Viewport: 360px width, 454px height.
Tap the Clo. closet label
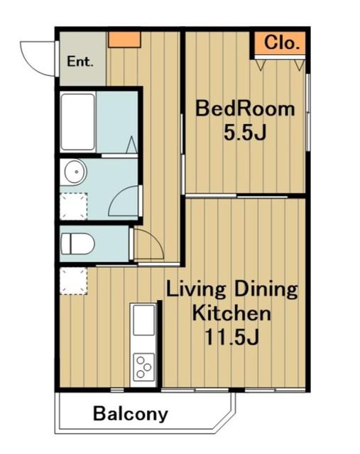click(x=281, y=43)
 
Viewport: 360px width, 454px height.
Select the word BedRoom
click(x=245, y=109)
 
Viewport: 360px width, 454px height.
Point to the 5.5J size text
click(x=245, y=133)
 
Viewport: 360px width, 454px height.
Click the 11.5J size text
click(x=231, y=338)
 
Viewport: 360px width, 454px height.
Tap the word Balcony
click(x=131, y=414)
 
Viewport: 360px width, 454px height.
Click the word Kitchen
click(x=231, y=314)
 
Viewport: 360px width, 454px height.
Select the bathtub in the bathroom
click(x=77, y=122)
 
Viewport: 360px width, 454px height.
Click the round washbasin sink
click(x=75, y=172)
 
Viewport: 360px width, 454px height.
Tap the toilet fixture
click(x=77, y=244)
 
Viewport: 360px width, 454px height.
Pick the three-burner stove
click(x=143, y=367)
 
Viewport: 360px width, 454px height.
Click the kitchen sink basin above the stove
click(x=143, y=320)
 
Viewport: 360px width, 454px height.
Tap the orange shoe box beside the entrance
click(x=125, y=40)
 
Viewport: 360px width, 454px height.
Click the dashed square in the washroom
click(x=74, y=206)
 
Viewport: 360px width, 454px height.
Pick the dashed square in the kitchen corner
click(x=74, y=281)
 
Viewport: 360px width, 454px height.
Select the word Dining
click(x=266, y=289)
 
